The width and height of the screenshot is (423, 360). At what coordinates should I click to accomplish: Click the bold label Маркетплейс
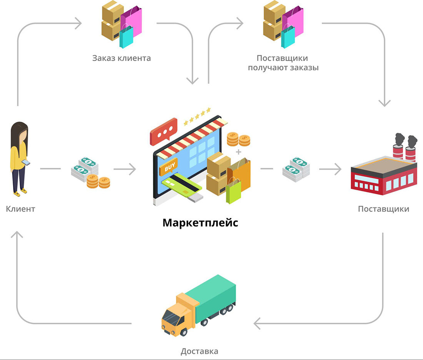200,223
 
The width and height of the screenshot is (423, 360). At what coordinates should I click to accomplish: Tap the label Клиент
20,209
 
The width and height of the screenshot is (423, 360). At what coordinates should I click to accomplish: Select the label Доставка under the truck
199,351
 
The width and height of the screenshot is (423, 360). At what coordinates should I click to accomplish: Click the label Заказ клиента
122,58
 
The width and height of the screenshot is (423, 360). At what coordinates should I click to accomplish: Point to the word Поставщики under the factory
383,209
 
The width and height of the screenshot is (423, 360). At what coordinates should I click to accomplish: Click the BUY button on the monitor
169,167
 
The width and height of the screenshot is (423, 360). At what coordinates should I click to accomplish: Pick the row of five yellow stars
197,116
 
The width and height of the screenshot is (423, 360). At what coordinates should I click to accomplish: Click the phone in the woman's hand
25,163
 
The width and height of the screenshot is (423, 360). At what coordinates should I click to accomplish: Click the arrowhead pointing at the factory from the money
337,169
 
